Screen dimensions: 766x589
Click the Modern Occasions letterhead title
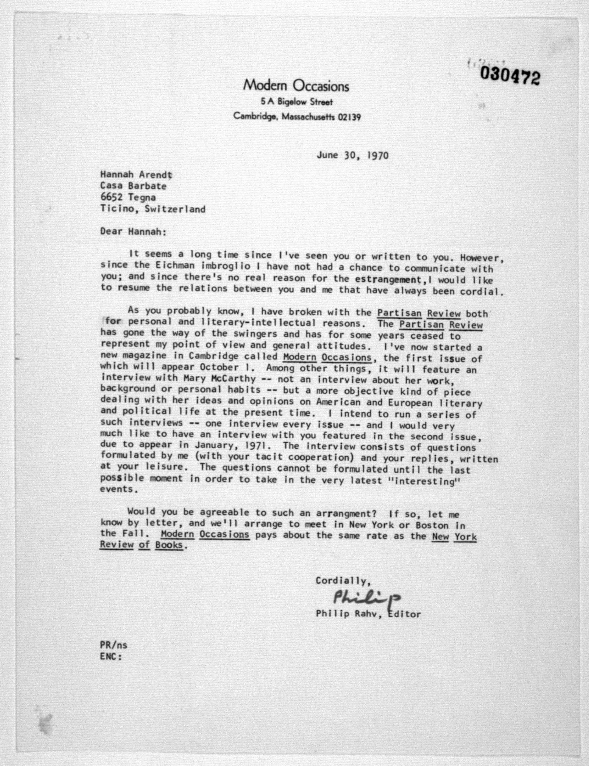click(x=296, y=86)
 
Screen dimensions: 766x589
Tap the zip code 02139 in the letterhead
click(x=349, y=117)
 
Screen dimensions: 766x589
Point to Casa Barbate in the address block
click(x=133, y=186)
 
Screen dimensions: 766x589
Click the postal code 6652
click(x=111, y=197)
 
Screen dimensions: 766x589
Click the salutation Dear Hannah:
click(x=133, y=232)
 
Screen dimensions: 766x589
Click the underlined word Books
click(x=169, y=545)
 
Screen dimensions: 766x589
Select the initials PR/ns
click(x=114, y=645)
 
